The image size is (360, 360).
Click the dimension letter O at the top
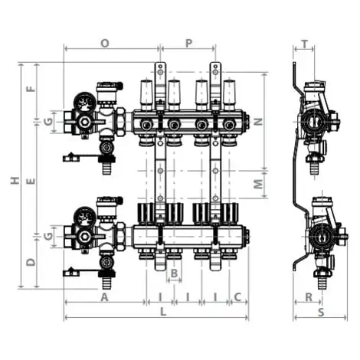105,44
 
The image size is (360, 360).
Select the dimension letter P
188,44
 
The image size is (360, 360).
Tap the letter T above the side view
305,44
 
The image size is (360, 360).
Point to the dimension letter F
31,87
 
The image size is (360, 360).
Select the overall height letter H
14,181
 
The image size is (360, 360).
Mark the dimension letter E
31,182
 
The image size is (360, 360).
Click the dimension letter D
31,262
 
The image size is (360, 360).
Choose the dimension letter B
174,273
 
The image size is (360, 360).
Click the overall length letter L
162,313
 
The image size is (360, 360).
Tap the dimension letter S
321,313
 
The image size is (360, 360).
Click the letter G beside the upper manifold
48,121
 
